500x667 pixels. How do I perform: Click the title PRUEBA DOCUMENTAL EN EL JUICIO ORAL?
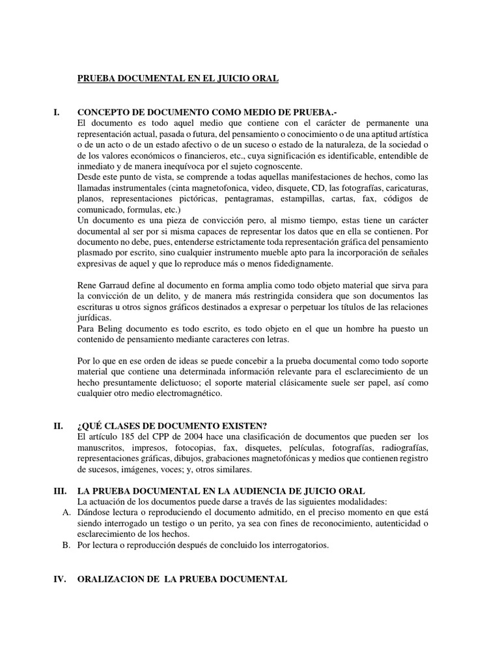point(178,78)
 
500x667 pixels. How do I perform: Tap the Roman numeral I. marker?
point(57,112)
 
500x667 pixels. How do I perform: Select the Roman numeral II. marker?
point(58,425)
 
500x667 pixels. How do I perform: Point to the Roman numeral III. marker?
point(59,490)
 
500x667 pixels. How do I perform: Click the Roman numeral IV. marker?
point(59,578)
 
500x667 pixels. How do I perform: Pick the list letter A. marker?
point(66,513)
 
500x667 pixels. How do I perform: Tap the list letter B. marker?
point(66,545)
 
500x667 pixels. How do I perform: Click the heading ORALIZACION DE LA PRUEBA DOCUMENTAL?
point(182,578)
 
